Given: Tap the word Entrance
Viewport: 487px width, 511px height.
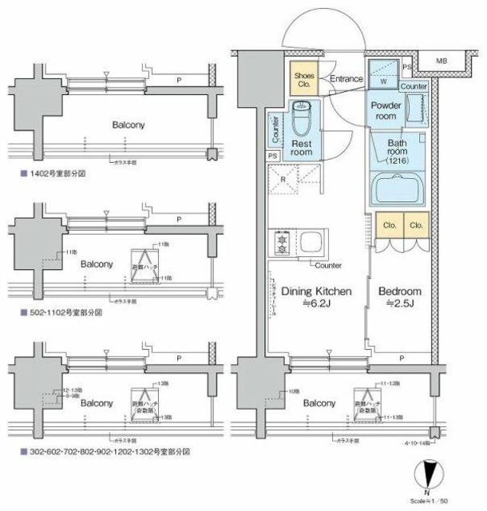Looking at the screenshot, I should (346, 79).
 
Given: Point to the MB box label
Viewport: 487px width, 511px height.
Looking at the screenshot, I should (441, 60).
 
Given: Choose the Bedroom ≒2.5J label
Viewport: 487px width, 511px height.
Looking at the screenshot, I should (399, 298).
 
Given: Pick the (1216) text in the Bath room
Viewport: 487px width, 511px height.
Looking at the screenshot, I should (397, 160).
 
